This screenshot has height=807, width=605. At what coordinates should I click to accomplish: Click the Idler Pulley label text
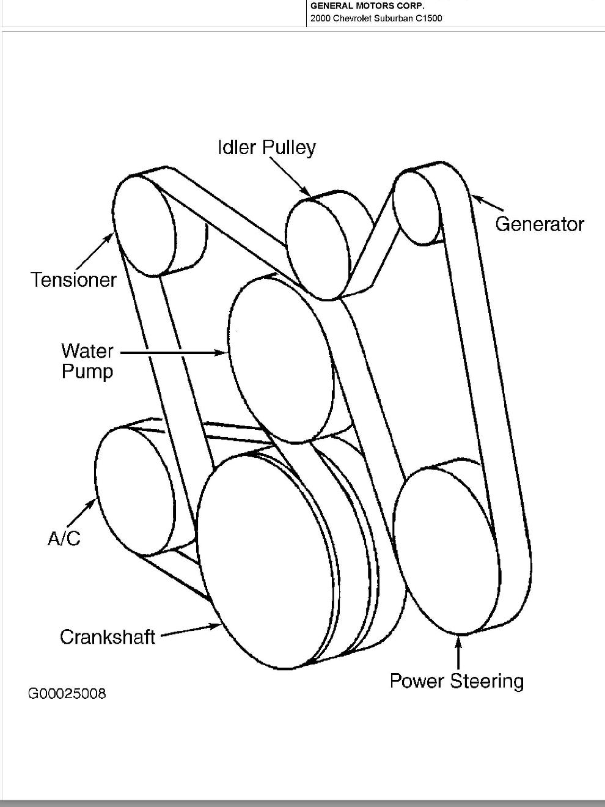coord(266,147)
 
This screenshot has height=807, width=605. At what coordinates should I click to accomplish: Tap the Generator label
coord(539,224)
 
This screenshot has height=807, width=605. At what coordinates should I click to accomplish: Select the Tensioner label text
coord(73,280)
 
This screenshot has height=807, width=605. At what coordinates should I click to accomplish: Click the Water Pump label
coord(87,361)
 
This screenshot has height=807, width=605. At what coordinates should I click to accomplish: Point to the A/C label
coord(64,538)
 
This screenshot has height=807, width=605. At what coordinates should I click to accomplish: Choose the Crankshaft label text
coord(108,637)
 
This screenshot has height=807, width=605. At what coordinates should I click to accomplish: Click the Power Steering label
coord(457,681)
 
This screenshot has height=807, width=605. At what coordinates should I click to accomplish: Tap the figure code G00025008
coord(67,694)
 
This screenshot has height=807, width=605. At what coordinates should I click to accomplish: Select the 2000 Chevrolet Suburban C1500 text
coord(376,18)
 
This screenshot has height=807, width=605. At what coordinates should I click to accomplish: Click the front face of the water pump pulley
coord(280,359)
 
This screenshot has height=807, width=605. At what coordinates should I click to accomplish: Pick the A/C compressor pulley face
coord(133,490)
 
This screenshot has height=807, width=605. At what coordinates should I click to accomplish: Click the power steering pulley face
coord(446,550)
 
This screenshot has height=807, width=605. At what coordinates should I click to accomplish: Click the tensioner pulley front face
coord(144,225)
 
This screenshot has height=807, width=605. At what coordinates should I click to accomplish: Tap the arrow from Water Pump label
coord(174,353)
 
